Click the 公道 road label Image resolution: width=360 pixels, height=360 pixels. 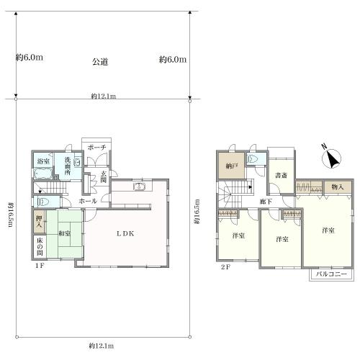pos(100,62)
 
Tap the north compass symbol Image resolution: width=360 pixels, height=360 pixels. pos(331,158)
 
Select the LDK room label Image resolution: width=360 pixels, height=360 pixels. pos(125,233)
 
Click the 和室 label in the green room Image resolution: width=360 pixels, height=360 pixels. pos(65,233)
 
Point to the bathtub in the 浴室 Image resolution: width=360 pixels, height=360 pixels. pos(43,174)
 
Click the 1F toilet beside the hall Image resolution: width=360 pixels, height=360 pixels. pos(43,202)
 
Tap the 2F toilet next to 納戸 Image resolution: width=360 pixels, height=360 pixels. pos(253,159)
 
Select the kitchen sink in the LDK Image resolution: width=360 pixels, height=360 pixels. pos(139,186)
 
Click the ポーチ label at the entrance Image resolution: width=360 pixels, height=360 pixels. pos(96,148)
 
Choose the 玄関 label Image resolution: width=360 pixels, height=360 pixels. pos(104,176)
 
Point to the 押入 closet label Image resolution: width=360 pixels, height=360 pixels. pos(39,221)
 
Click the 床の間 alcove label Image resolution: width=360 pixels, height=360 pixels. pos(40,246)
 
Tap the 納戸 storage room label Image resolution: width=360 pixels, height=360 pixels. pos(231,166)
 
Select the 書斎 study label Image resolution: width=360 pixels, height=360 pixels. pos(281,175)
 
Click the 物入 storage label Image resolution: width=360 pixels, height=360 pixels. pos(338,186)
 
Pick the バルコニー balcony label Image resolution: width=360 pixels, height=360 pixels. pos(331,274)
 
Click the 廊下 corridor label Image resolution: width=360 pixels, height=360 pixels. pos(266,202)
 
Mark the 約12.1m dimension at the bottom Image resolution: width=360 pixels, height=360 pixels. pos(102,346)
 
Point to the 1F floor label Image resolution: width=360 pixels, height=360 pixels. pos(40,266)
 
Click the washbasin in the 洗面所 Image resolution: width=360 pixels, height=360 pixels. pos(77,162)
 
